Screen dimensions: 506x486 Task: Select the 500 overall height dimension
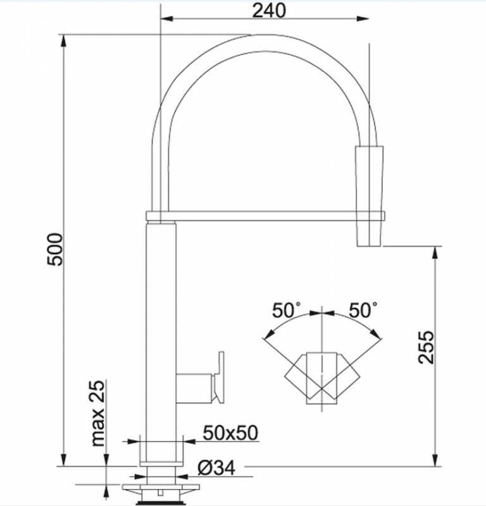56,249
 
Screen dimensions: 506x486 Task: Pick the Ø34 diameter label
216,468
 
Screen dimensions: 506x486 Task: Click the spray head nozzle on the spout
371,196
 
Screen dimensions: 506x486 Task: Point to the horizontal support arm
266,216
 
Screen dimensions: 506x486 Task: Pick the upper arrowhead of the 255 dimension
437,251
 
